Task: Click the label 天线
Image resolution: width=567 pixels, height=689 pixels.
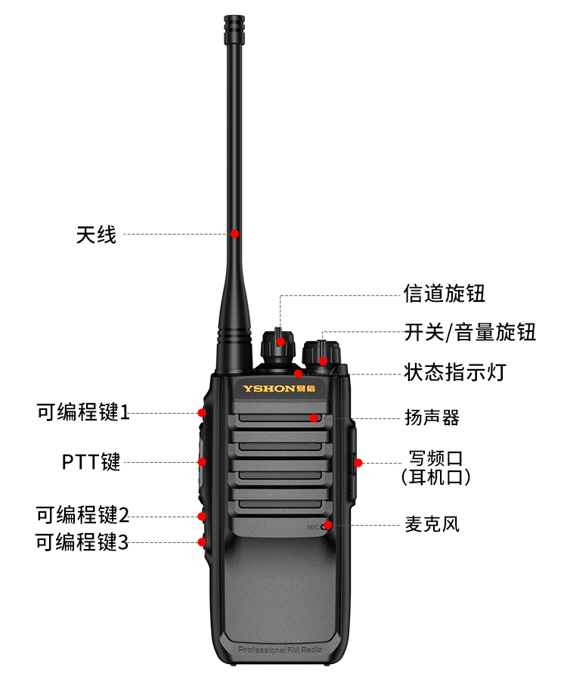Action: (96, 234)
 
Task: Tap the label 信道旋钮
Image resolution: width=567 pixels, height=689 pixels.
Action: (445, 293)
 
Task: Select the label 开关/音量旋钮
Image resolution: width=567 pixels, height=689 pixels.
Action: (470, 332)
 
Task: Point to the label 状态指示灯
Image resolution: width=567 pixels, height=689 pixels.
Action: (455, 372)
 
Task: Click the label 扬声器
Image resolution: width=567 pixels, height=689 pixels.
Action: (432, 417)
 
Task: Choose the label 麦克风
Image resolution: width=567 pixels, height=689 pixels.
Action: (432, 524)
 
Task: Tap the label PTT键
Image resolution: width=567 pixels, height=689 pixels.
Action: (91, 462)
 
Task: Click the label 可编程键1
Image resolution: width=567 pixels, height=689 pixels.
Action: (83, 412)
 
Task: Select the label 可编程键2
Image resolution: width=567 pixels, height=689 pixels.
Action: (82, 515)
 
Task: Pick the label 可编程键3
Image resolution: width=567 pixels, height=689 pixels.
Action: (82, 542)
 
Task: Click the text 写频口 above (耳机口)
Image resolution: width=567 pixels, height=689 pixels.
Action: (435, 458)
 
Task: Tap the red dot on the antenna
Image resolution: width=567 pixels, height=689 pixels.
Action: (235, 234)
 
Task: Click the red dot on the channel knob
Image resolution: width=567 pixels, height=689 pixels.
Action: (280, 342)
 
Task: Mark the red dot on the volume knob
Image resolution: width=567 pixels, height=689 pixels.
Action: (324, 362)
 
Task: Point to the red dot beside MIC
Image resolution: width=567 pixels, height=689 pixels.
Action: (328, 525)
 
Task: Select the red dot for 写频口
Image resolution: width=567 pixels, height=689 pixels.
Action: (358, 463)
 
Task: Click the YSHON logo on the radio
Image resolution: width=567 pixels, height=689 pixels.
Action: (279, 389)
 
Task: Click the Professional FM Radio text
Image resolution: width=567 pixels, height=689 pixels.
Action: (280, 650)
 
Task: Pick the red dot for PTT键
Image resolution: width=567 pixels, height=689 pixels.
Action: (202, 462)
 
